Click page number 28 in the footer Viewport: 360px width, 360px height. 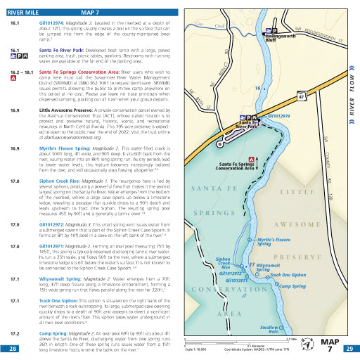(x=13, y=349)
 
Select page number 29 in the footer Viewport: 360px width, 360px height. (x=348, y=349)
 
